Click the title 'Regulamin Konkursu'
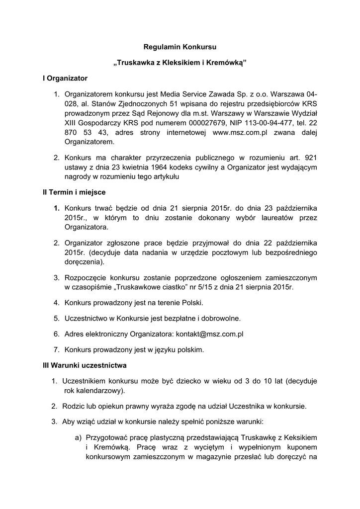coord(180,47)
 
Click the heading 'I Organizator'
coord(65,79)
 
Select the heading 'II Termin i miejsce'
coord(74,192)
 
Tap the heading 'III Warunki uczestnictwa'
coord(85,365)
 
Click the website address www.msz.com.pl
coord(240,132)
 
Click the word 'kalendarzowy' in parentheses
coord(95,391)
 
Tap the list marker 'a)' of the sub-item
coord(78,437)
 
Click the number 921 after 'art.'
coord(311,157)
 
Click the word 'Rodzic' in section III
coord(74,406)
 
